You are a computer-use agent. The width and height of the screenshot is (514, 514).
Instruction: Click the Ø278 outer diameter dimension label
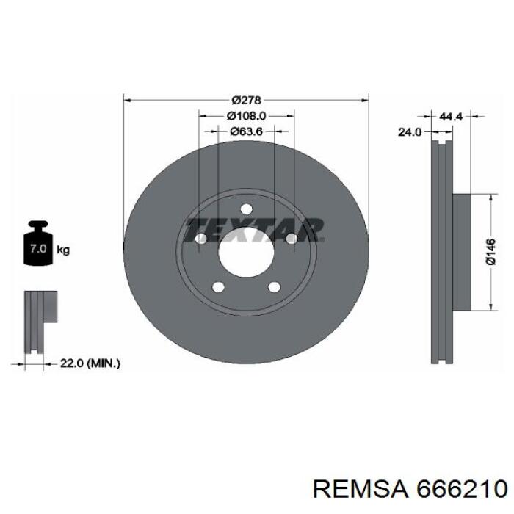click(246, 100)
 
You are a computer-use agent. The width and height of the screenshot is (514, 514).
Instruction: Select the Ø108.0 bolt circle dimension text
click(246, 116)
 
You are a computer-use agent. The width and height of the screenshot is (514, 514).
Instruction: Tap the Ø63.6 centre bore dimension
click(246, 131)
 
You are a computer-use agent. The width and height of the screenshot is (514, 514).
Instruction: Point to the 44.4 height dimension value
click(450, 116)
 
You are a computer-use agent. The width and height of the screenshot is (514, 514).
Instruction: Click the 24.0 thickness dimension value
click(410, 131)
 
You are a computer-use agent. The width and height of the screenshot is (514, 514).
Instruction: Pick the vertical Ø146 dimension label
click(491, 251)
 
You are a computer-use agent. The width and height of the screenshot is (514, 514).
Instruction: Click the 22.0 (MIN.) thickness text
click(90, 363)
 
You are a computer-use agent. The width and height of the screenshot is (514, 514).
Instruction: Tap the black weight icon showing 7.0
click(38, 242)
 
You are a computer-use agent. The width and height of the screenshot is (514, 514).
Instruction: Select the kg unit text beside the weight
click(63, 250)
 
